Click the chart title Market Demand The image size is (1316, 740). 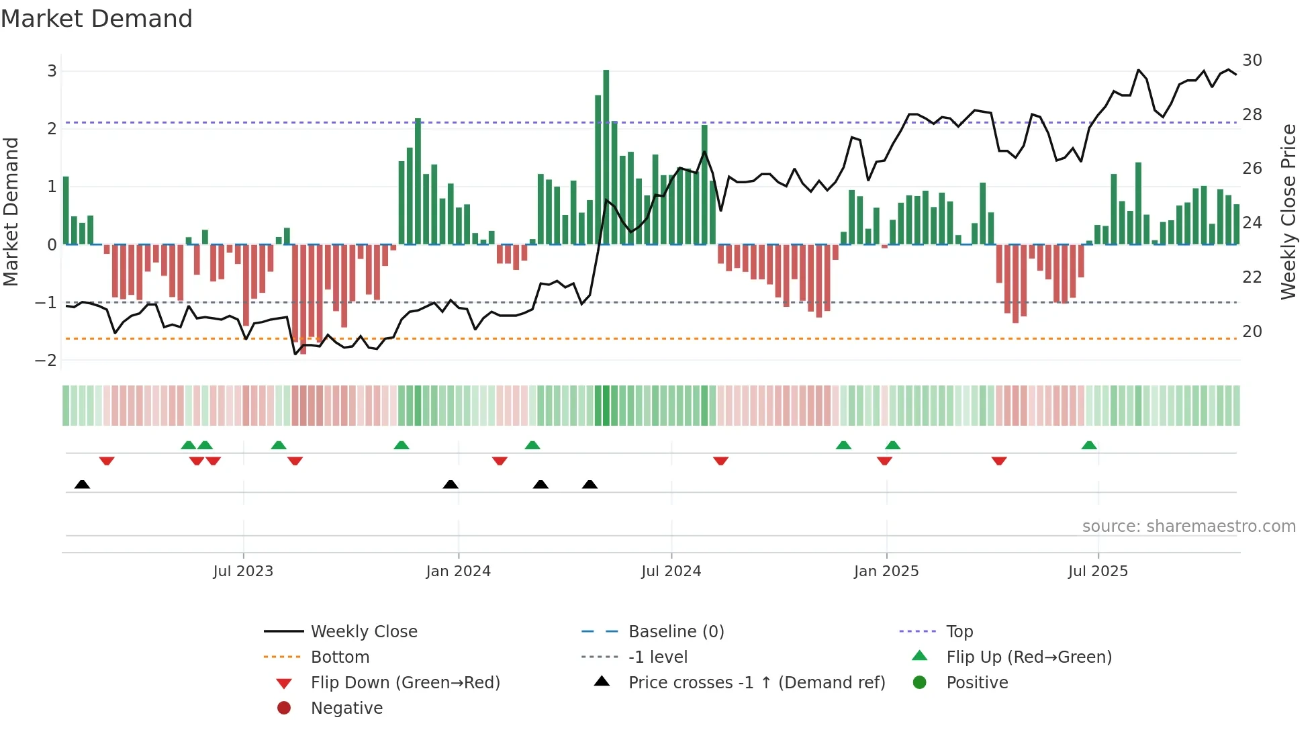tap(97, 19)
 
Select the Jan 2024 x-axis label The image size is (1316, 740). tap(458, 571)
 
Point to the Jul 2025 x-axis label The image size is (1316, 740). tap(1098, 571)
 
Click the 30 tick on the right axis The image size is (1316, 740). tap(1252, 60)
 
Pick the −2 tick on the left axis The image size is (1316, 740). tap(46, 361)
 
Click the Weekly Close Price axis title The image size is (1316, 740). tap(1288, 212)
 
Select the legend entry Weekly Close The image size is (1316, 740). tap(363, 632)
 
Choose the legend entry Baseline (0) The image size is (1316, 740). tap(675, 632)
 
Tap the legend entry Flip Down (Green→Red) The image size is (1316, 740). tap(405, 683)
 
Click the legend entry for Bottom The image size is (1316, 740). tap(340, 657)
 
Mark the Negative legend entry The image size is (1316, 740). tap(346, 708)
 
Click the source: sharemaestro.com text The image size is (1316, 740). tap(1188, 526)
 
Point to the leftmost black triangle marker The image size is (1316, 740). tap(82, 484)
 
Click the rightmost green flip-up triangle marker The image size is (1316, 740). tap(1089, 445)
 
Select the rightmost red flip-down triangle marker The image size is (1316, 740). tap(999, 461)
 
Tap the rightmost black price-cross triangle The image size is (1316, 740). tap(590, 484)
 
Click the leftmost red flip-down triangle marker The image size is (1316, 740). tap(107, 461)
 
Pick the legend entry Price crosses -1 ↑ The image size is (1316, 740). tap(756, 683)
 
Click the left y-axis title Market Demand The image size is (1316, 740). tap(11, 212)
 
